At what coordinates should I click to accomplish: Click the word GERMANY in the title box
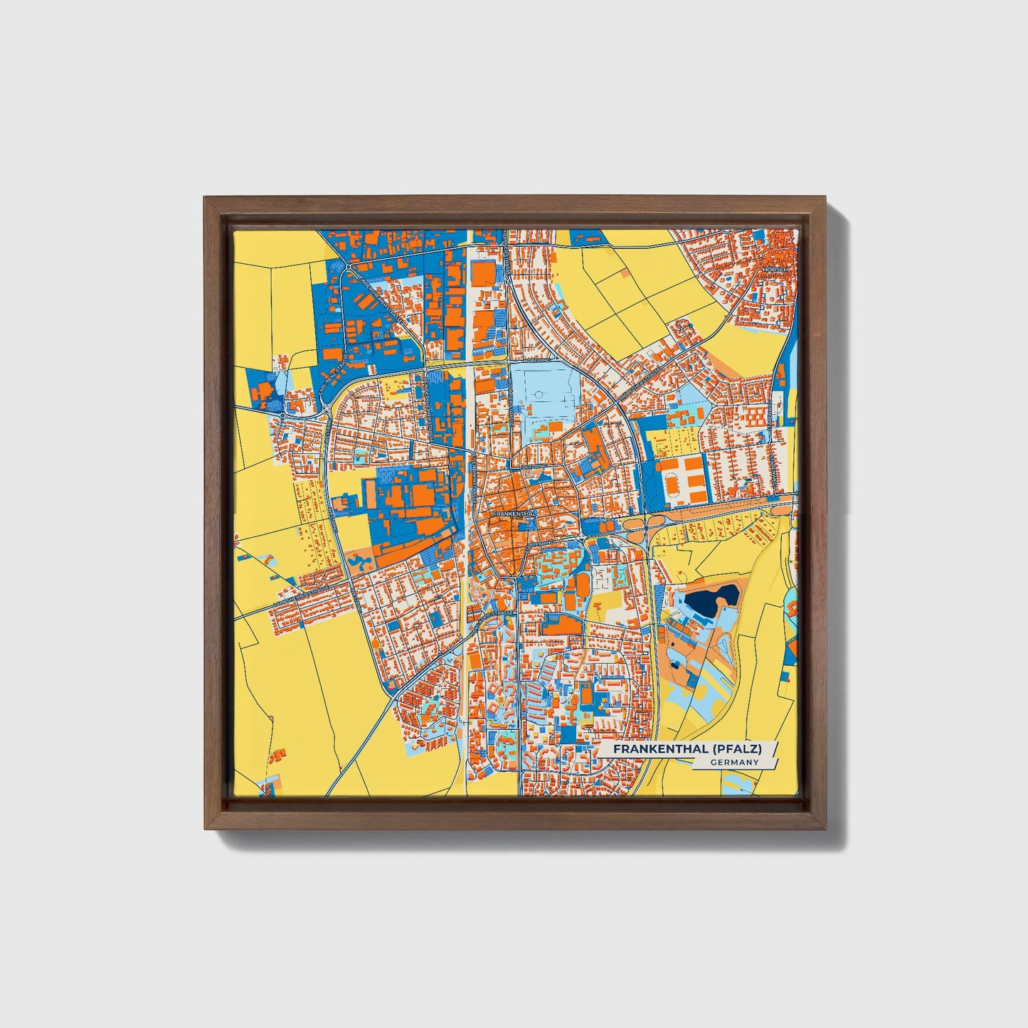tap(733, 762)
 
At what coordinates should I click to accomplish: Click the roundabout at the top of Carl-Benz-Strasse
tap(349, 267)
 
